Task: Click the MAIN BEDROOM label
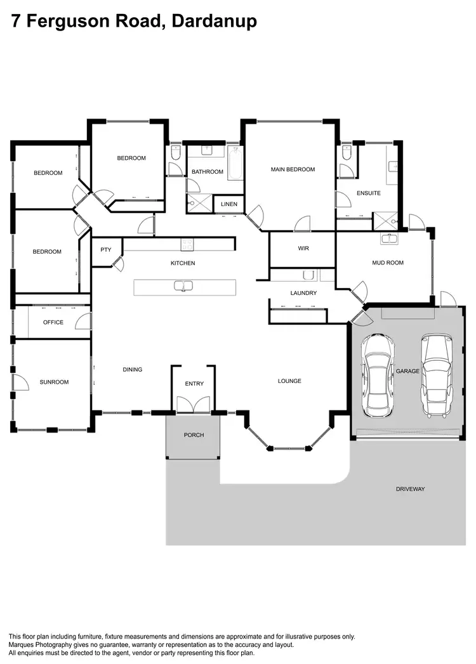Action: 293,169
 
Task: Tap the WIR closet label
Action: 303,249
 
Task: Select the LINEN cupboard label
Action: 229,204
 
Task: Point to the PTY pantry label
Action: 106,250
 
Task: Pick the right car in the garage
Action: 438,375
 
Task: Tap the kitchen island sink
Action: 183,286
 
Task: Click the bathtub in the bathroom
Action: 235,162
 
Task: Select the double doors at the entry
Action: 194,405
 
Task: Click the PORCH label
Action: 193,435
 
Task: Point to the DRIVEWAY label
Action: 410,489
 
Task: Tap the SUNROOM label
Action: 54,382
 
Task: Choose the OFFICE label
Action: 53,322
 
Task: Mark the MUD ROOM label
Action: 387,263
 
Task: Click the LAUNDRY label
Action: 303,293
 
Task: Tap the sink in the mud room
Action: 388,238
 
